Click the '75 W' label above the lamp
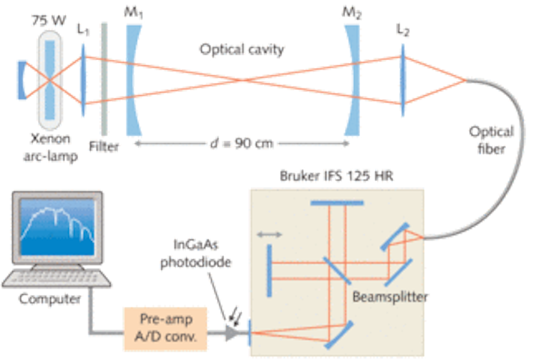(49, 21)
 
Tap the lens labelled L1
(83, 79)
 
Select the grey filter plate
(104, 79)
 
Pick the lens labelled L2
(403, 79)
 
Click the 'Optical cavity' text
(242, 49)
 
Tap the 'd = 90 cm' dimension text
(242, 143)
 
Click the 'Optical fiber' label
(492, 140)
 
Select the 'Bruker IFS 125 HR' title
(336, 176)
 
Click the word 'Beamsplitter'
(390, 296)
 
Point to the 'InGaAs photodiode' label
(195, 253)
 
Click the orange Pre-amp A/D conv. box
(165, 329)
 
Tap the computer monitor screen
(58, 227)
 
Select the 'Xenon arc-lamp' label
(51, 147)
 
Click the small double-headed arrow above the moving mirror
(269, 234)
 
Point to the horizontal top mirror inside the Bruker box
(337, 203)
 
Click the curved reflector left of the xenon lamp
(22, 80)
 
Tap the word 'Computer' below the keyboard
(50, 299)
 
